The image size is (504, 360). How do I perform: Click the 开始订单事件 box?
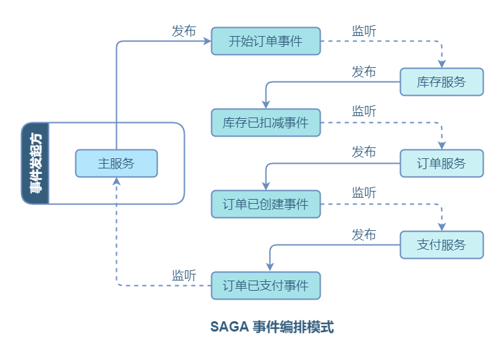tap(266, 41)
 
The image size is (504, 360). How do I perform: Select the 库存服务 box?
tap(442, 82)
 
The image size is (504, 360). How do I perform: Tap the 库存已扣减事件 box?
tap(266, 123)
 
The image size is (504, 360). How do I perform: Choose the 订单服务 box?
tap(442, 163)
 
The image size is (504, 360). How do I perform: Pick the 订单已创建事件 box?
tap(266, 204)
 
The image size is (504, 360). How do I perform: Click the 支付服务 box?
tap(442, 245)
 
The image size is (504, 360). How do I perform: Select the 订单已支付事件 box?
tap(266, 286)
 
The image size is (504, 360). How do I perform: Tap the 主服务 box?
tap(116, 163)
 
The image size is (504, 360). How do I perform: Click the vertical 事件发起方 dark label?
tap(35, 163)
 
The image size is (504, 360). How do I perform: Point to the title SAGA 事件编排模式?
tap(272, 327)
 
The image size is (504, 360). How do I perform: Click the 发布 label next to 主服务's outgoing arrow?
tap(183, 31)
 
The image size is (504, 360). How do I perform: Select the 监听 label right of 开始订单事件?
tap(364, 31)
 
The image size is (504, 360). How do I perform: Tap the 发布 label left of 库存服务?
tap(364, 71)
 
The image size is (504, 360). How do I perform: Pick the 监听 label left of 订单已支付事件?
tap(183, 275)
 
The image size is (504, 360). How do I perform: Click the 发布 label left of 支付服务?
tap(364, 234)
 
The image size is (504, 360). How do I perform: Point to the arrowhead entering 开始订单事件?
tap(207, 41)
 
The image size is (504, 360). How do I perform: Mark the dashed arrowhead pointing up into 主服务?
tap(117, 181)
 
